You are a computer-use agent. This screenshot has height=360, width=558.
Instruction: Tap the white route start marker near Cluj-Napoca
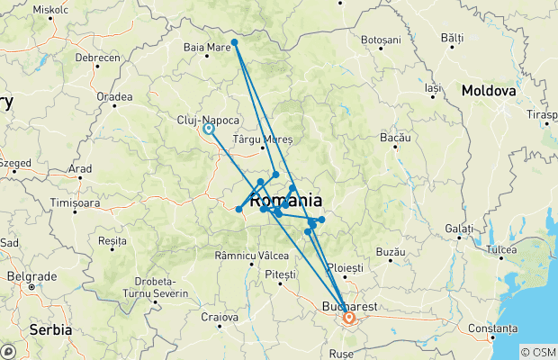(x=209, y=129)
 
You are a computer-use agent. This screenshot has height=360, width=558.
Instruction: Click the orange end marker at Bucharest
(x=348, y=318)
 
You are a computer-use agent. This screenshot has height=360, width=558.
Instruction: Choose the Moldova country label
(x=488, y=92)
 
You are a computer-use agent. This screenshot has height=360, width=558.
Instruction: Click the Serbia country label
(x=50, y=330)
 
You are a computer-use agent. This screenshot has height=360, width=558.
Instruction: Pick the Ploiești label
(x=345, y=268)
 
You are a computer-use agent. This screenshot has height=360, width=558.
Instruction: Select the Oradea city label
(x=114, y=96)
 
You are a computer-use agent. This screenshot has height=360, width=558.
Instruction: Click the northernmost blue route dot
(x=234, y=42)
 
